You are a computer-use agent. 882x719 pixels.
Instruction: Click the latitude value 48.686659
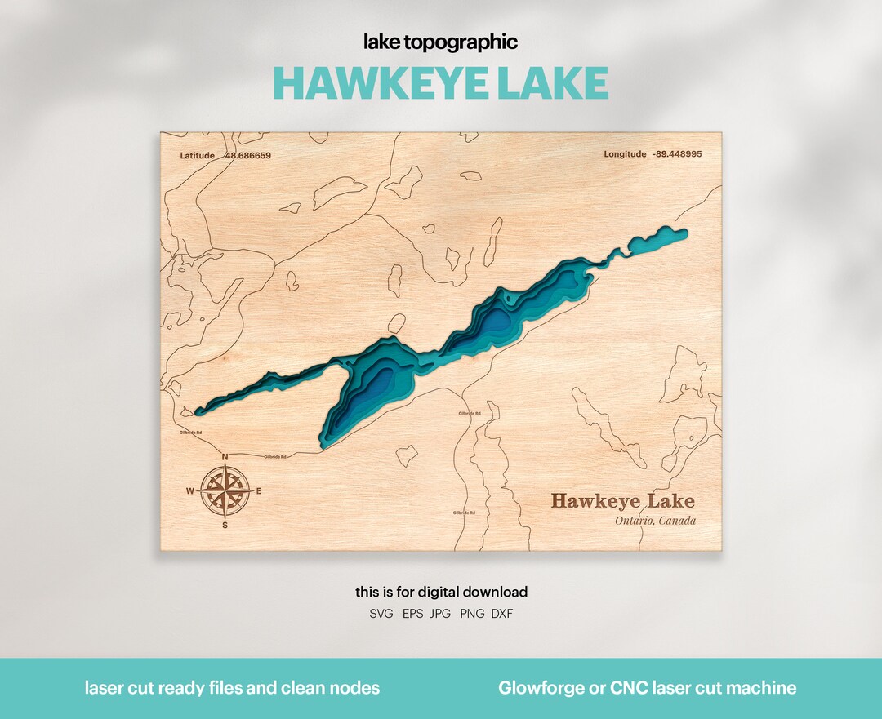pos(247,155)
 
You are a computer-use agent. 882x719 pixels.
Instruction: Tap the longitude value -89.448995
pos(677,154)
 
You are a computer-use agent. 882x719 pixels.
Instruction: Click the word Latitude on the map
pos(198,155)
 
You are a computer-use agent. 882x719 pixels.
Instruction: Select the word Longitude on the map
pos(625,154)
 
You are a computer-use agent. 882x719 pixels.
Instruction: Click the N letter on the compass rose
pos(225,457)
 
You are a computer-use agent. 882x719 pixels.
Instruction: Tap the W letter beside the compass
pos(190,491)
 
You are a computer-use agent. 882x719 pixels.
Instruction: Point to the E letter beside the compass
pos(260,491)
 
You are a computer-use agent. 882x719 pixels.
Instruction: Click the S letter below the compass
pos(225,525)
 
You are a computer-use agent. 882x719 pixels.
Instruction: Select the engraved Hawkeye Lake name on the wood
pos(622,500)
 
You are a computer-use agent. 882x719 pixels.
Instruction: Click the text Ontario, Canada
pos(655,521)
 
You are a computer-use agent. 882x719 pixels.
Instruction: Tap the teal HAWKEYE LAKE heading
pos(440,82)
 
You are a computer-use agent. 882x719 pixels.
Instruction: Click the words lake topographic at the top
pos(440,42)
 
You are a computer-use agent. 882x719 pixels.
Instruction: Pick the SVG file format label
pos(381,614)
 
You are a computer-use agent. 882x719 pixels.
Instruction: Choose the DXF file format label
pos(502,614)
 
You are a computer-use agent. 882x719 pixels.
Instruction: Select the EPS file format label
pos(412,614)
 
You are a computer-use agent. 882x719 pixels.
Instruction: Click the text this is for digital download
pos(441,592)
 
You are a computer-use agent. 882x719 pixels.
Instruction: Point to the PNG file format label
pos(471,614)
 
